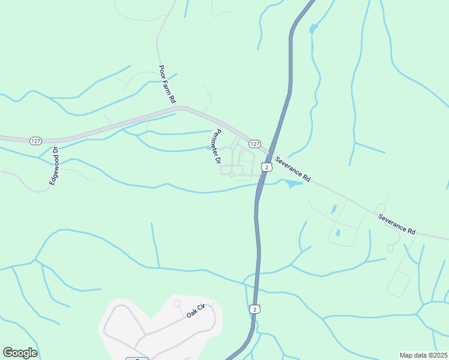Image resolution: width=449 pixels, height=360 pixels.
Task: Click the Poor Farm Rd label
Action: tap(166, 83)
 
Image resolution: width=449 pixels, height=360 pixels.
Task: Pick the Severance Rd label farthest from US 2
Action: tap(397, 222)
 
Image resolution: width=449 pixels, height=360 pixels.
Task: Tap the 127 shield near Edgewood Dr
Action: tap(35, 140)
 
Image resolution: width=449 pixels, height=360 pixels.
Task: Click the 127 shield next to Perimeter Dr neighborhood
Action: tap(255, 144)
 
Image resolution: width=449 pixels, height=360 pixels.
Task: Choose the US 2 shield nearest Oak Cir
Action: tap(255, 309)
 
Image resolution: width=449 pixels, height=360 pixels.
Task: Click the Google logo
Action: tap(20, 353)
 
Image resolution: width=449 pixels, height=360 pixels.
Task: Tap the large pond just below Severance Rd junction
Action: tap(292, 183)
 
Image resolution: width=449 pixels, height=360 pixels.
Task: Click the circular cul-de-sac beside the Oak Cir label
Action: tap(177, 303)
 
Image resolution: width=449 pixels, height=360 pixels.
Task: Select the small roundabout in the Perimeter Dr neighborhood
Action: tap(231, 175)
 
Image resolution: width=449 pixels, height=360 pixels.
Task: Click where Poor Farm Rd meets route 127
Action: tap(178, 108)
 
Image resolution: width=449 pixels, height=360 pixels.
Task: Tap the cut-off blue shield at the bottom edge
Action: tap(137, 358)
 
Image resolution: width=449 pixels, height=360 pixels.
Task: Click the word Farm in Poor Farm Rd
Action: tap(167, 82)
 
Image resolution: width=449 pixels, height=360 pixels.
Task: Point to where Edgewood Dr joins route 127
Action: tap(56, 142)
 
